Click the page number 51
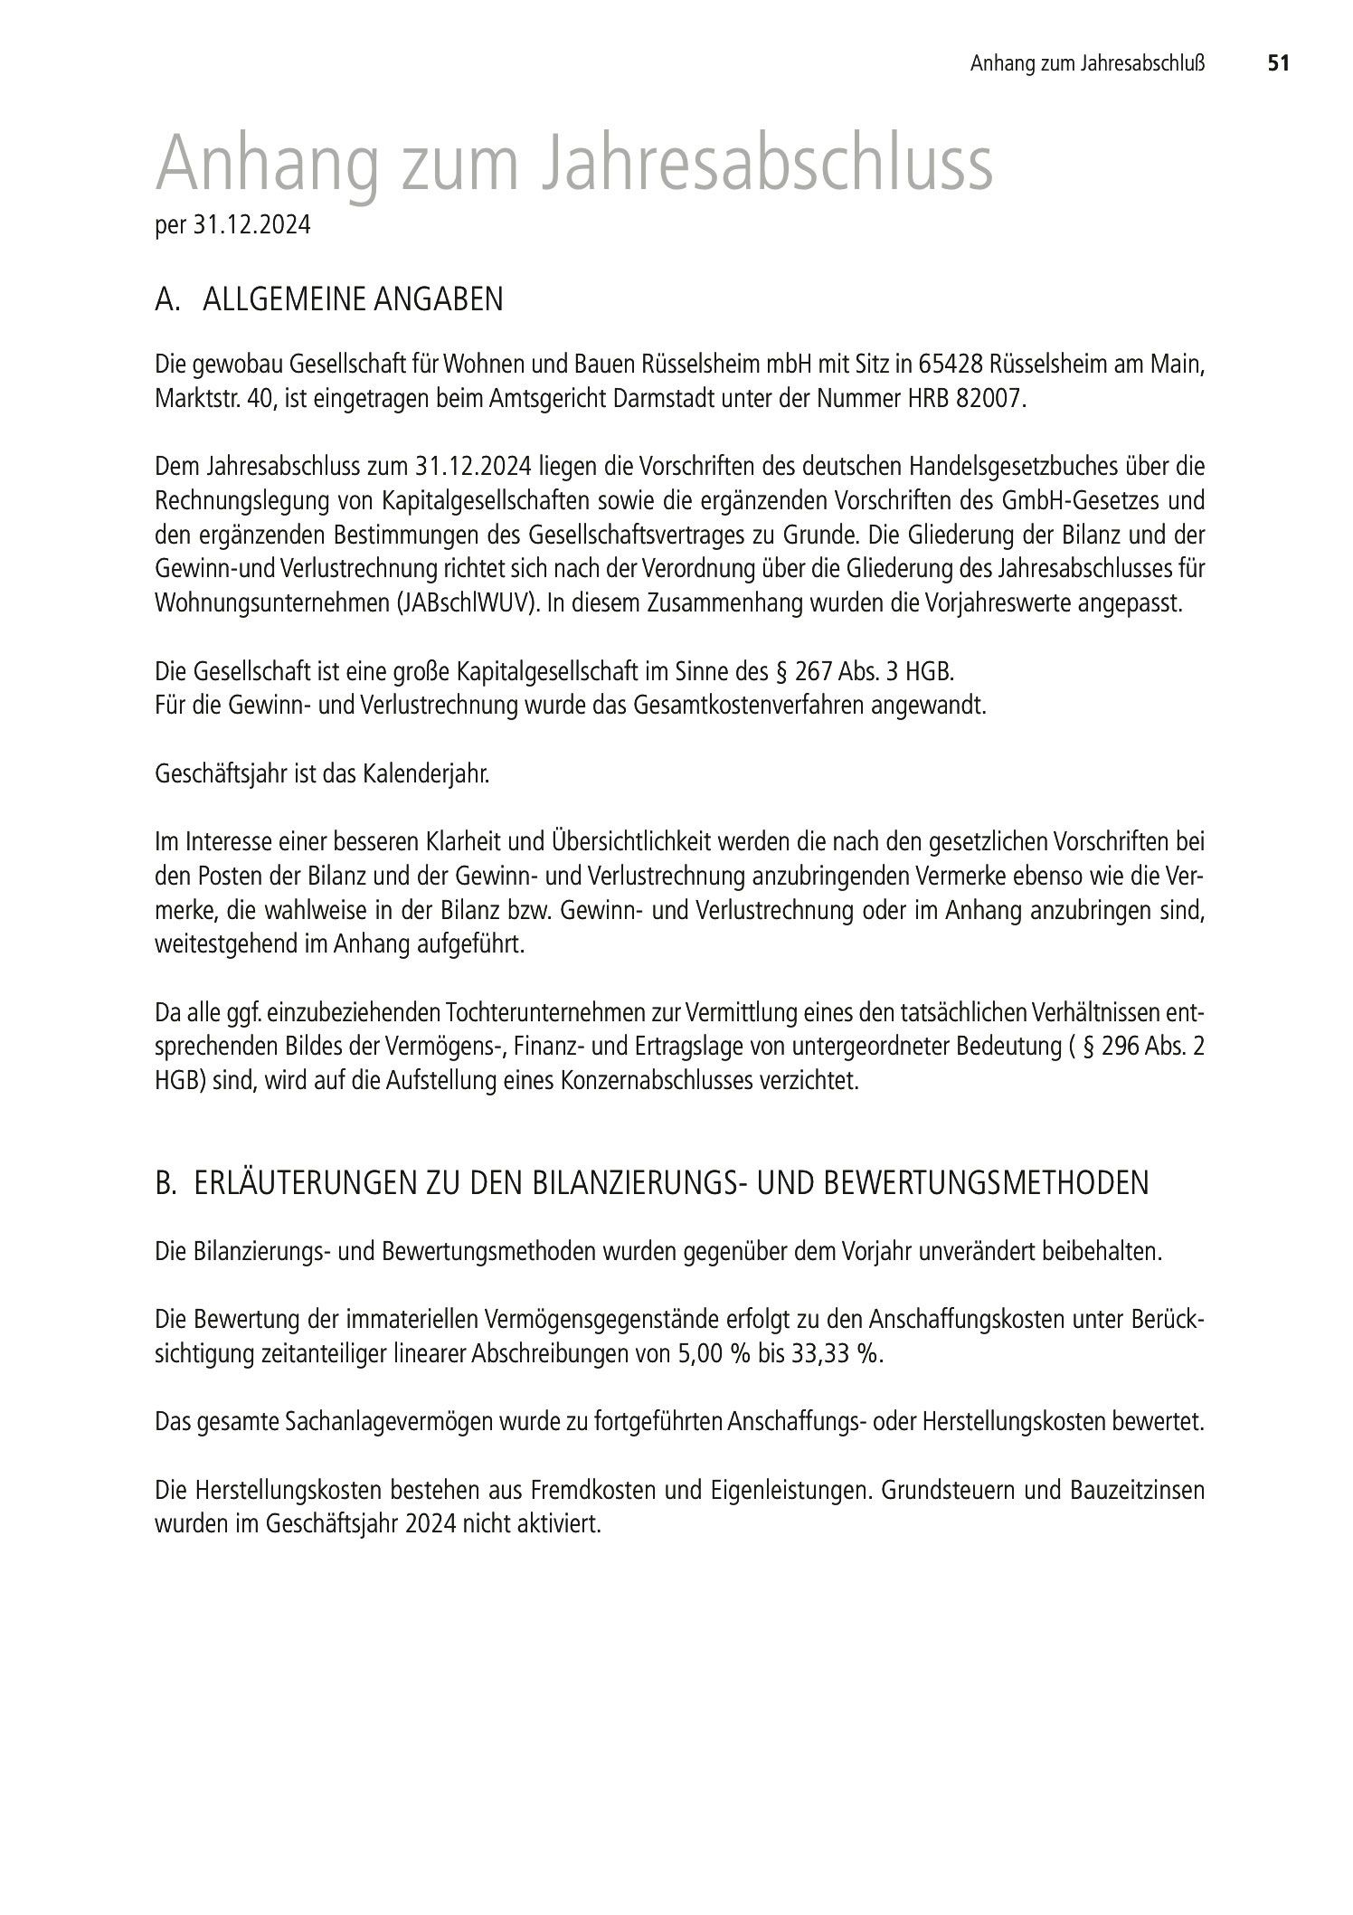pyautogui.click(x=1277, y=63)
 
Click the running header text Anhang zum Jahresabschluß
pyautogui.click(x=1088, y=63)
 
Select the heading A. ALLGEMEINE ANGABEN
pyautogui.click(x=329, y=299)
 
